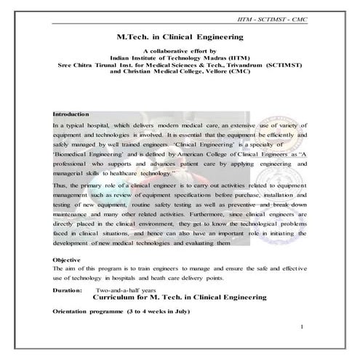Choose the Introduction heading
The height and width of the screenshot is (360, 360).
click(71, 114)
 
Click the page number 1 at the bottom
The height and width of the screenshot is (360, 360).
click(301, 329)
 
